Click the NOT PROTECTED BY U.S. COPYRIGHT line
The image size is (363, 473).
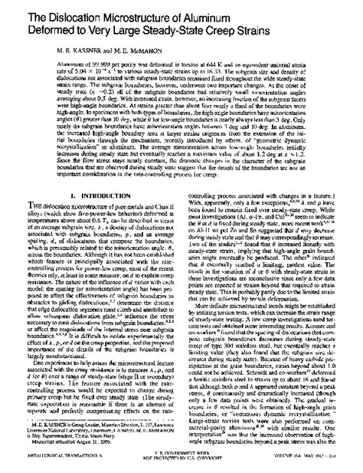(x=184, y=467)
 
